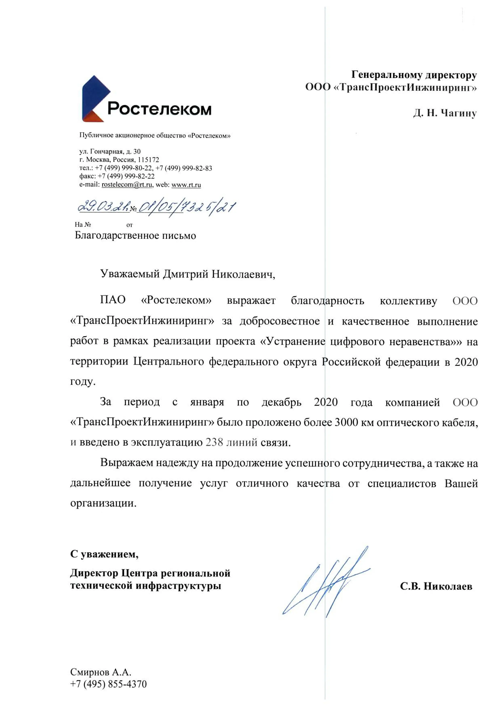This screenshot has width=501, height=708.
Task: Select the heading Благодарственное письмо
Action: click(135, 236)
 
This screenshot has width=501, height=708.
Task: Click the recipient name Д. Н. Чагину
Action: click(445, 113)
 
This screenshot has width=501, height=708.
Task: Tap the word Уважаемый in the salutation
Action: click(130, 274)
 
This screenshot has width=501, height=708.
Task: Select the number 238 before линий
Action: click(214, 442)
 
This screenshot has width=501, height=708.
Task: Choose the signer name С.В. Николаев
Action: click(436, 586)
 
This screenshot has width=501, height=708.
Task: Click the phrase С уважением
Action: click(104, 554)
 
